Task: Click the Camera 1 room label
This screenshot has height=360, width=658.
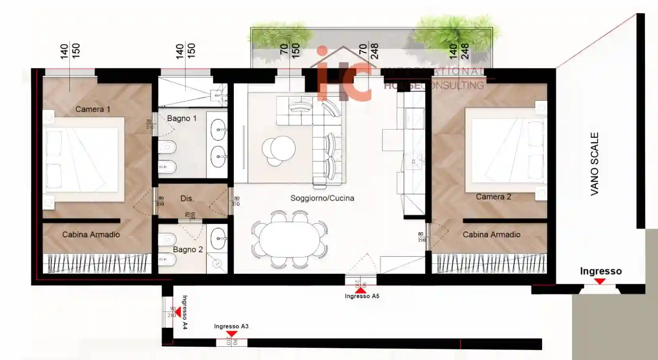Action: coord(92,109)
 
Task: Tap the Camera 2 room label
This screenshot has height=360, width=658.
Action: coord(493,197)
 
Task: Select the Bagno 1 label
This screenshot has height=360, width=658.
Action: coord(181,118)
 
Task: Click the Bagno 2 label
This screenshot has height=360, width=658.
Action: coord(188,250)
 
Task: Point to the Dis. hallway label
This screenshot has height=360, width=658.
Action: coord(187,199)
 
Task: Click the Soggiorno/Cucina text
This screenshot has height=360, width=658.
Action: coord(322,198)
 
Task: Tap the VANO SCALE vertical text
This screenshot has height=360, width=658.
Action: coord(594,164)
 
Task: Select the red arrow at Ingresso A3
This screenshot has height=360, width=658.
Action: coord(231,334)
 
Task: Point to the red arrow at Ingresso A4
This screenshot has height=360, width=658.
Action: coord(178,312)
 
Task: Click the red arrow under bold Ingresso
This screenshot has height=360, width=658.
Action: coord(600,281)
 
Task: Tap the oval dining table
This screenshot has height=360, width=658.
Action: coord(289,239)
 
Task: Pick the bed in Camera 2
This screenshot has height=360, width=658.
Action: coord(505,151)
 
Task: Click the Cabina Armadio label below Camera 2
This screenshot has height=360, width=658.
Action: coord(491,235)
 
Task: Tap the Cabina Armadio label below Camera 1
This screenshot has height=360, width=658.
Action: coord(91,235)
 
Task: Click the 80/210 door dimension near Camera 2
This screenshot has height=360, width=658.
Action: coord(421,237)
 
